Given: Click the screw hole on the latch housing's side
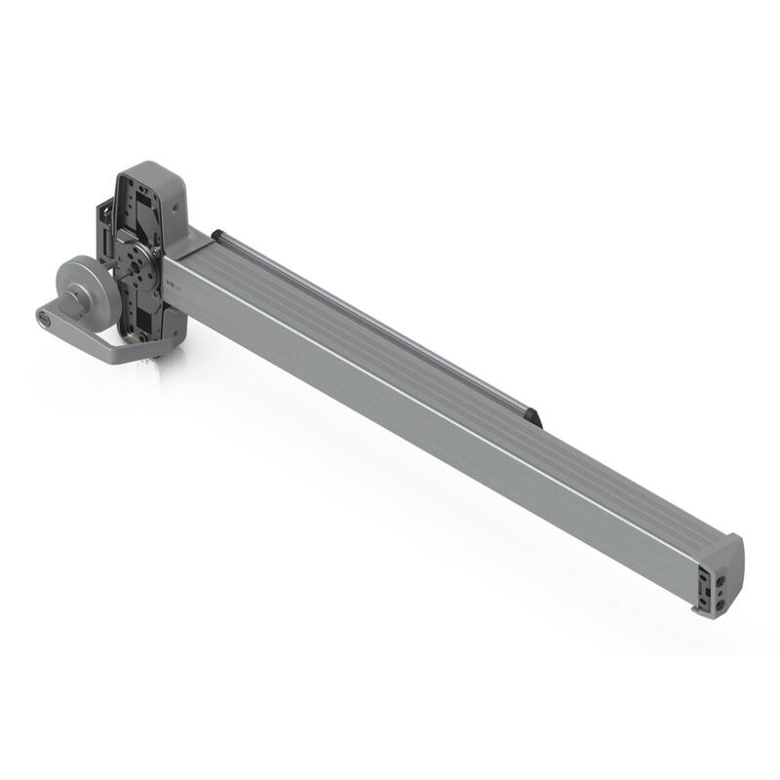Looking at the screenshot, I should (x=176, y=207).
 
